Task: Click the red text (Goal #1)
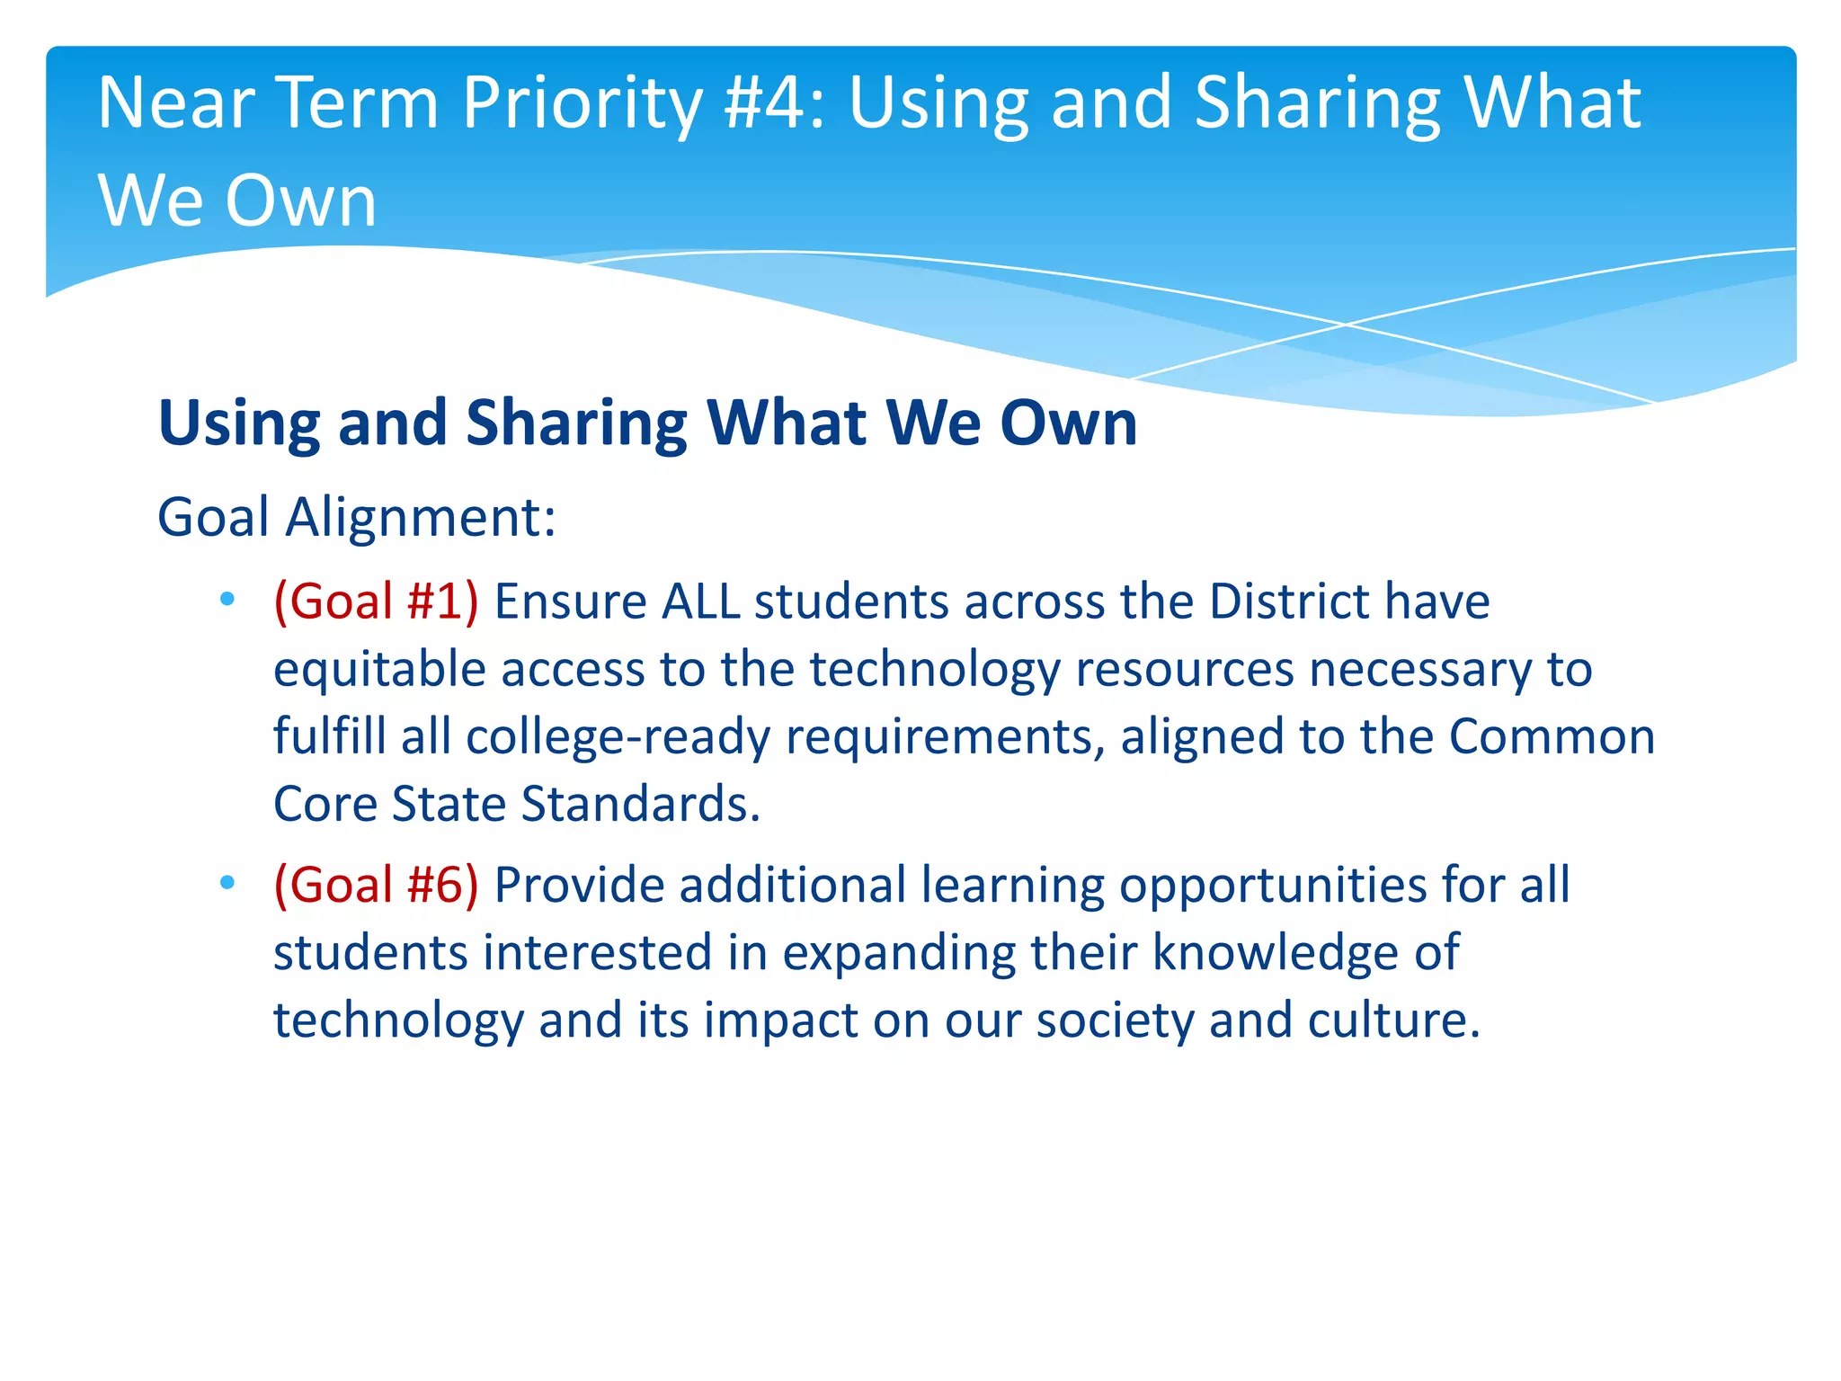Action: click(376, 601)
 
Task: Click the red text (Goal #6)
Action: click(376, 885)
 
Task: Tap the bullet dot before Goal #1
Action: click(227, 600)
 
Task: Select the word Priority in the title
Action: click(582, 104)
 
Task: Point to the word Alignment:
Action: click(421, 518)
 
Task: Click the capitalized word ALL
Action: click(700, 601)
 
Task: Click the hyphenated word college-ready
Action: click(618, 737)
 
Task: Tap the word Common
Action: click(1552, 736)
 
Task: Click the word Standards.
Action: click(640, 804)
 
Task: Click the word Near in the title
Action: click(176, 102)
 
